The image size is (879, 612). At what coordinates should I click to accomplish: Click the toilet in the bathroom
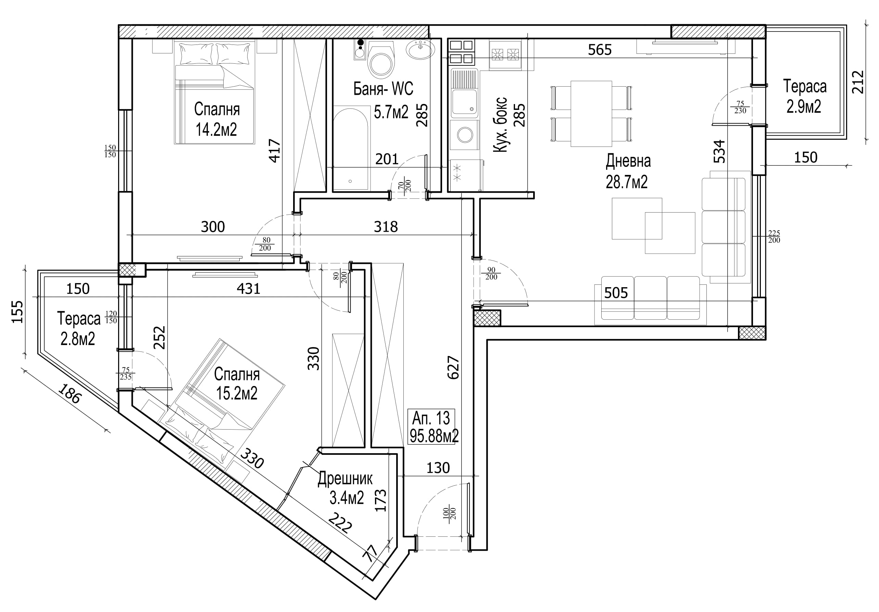380,59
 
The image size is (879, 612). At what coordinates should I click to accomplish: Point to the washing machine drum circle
465,135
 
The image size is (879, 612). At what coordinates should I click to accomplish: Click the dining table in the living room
591,114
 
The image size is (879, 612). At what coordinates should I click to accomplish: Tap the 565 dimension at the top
600,49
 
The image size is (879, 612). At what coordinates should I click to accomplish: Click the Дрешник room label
345,479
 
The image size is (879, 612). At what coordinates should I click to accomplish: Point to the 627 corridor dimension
453,367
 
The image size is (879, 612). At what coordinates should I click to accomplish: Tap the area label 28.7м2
626,182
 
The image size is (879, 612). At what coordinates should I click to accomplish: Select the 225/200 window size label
774,237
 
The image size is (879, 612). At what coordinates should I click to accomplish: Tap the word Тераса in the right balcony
805,86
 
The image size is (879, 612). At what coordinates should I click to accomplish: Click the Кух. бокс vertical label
500,125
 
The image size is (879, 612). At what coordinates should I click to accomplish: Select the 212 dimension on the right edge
858,82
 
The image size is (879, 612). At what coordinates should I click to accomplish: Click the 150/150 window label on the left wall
110,151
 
